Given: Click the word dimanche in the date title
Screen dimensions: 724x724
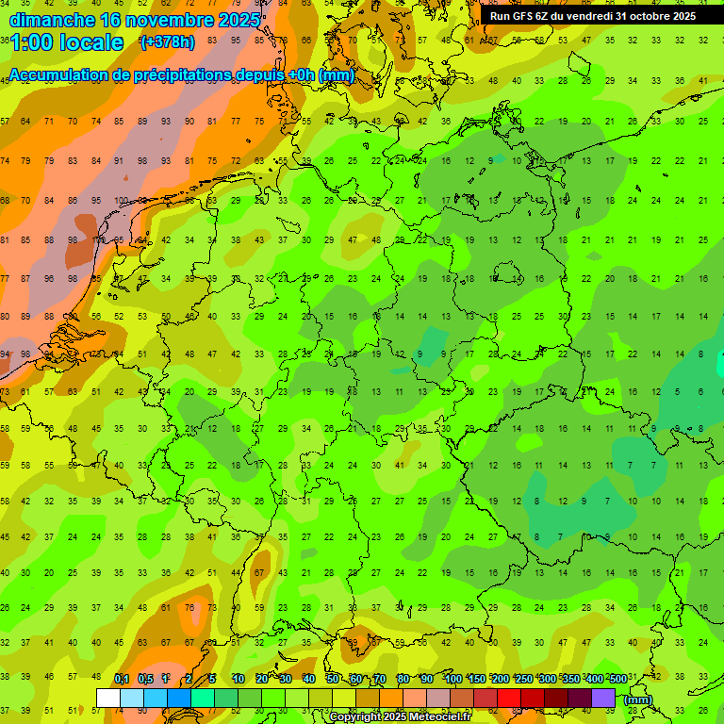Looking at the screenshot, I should (53, 19).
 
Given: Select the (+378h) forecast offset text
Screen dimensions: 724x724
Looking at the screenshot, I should (168, 42).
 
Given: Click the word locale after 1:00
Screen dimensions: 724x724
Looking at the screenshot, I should (91, 42).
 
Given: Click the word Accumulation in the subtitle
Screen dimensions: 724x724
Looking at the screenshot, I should (62, 74).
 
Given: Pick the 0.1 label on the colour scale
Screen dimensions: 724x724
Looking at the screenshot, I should (121, 679).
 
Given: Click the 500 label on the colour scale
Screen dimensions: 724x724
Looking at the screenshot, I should (617, 679).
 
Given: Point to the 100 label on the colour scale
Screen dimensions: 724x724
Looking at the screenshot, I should (452, 679).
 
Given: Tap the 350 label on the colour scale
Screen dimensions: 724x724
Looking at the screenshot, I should (570, 679).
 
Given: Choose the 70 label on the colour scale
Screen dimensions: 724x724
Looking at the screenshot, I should (380, 679).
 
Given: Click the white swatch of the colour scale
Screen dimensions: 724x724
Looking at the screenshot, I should (108, 698).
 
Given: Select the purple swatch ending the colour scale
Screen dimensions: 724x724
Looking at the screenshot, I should (603, 698).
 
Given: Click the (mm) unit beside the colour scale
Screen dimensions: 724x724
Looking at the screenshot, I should (638, 699).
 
